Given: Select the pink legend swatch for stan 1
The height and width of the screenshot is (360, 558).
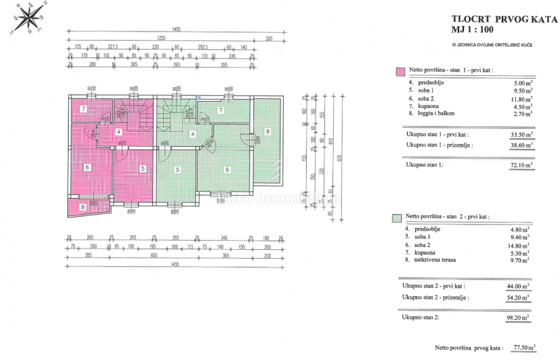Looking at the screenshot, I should coord(400,71).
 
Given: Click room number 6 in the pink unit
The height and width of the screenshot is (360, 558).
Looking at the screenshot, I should coord(88,166).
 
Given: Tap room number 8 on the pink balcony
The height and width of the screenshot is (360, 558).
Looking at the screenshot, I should coord(83,207).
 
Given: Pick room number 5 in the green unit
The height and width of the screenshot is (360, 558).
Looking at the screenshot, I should coord(177,169).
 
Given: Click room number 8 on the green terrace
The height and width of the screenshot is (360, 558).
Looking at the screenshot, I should coord(268,132).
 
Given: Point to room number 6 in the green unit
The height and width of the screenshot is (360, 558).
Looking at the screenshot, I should coord(227,169).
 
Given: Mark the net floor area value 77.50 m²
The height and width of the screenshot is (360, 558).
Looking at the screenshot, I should coord(523,348).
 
